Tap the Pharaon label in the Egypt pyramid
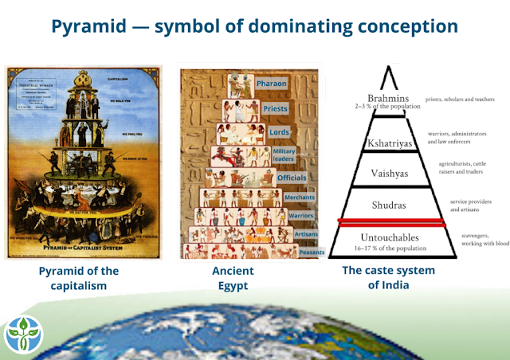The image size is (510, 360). point(276,83)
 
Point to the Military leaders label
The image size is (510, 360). point(284,155)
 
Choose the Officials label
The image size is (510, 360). point(292,178)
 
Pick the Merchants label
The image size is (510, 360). point(300,197)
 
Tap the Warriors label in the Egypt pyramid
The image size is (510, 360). point(302,215)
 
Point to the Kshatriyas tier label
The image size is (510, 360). point(388,143)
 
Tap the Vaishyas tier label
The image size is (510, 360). point(388,173)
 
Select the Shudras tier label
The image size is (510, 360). point(388,205)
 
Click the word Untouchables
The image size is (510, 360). point(388,237)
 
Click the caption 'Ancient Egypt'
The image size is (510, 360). point(233,278)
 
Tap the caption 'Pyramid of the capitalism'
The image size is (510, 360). point(78,278)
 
